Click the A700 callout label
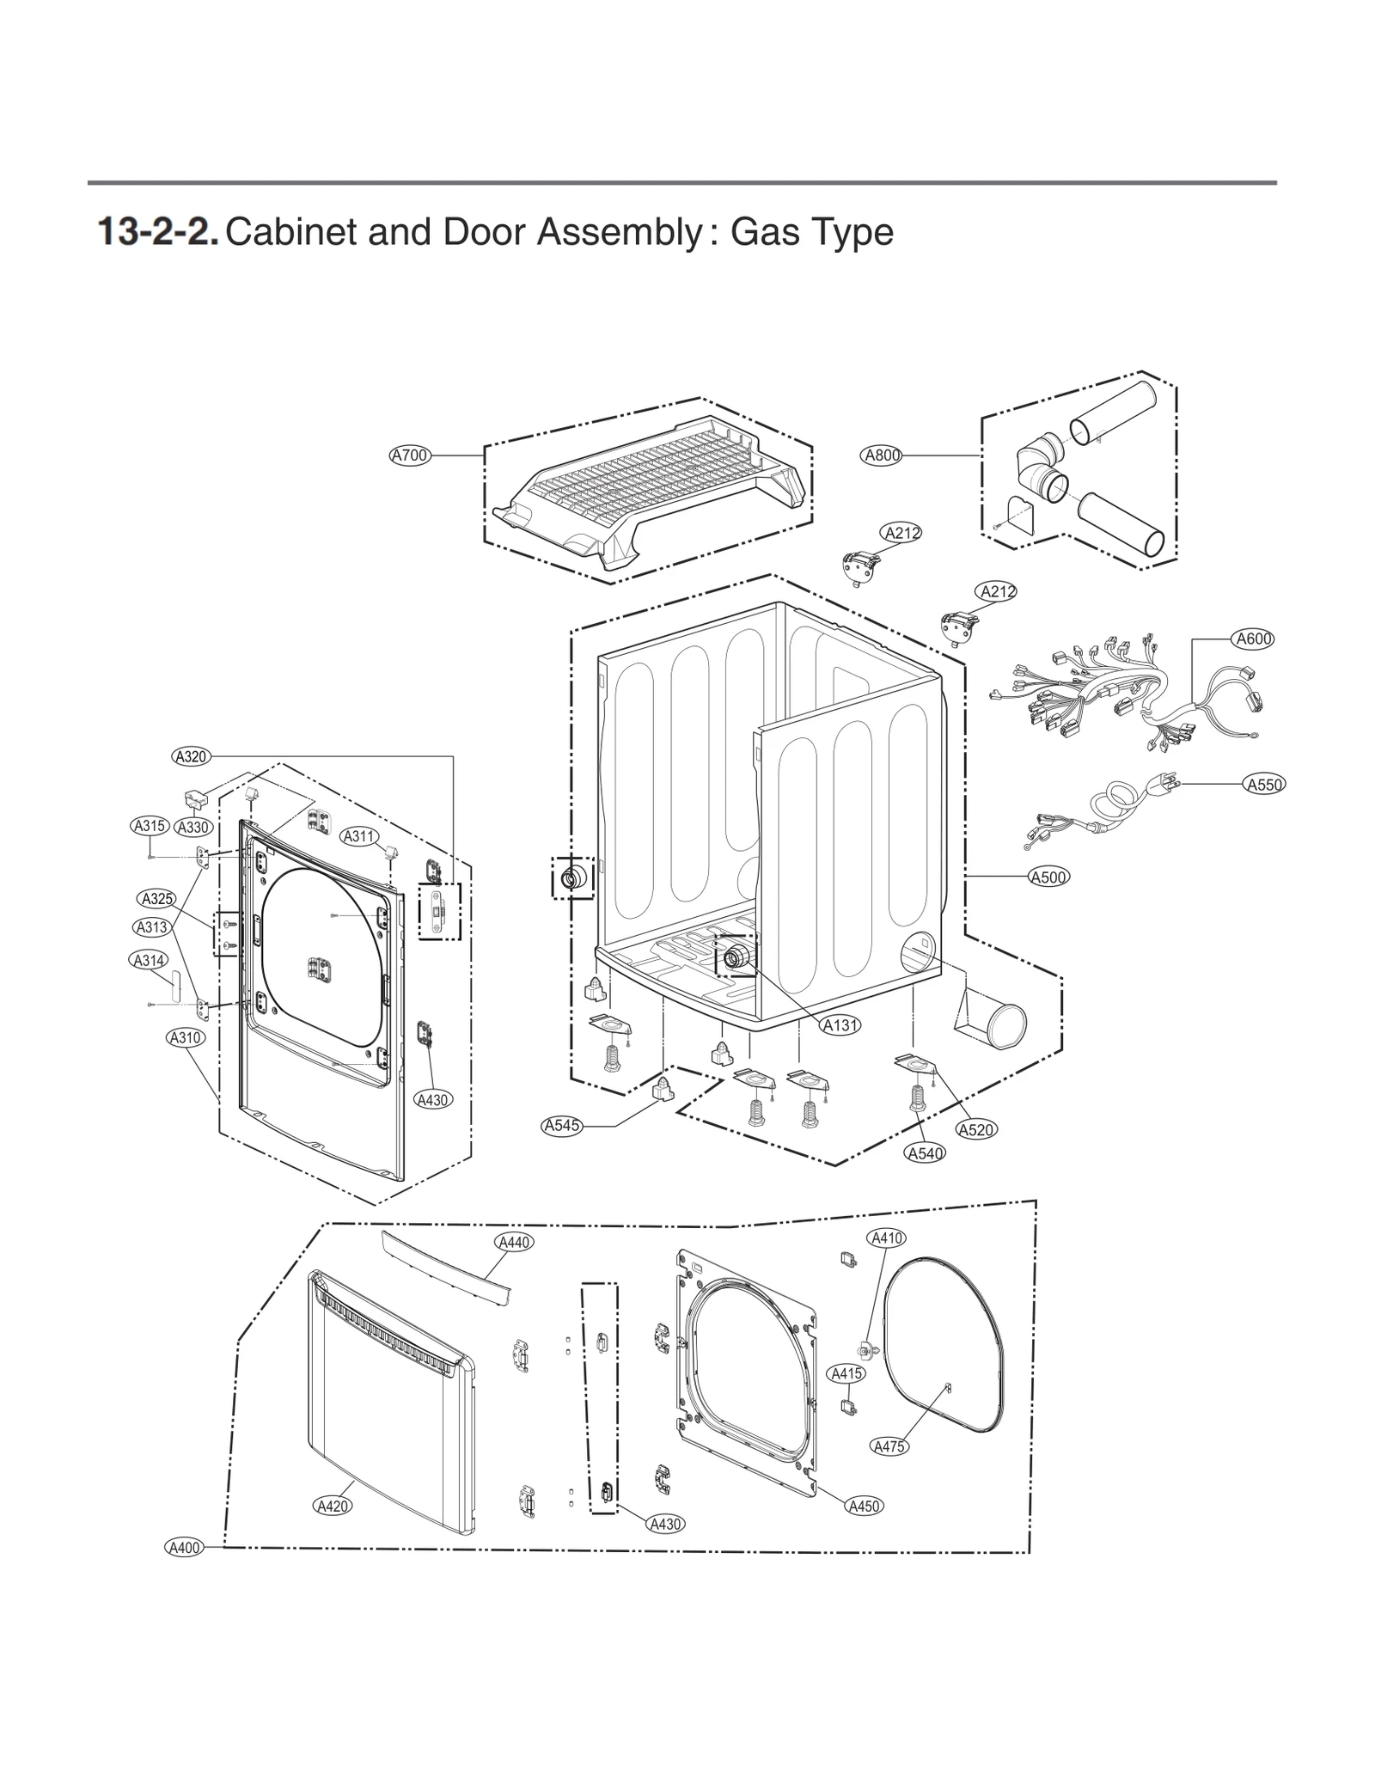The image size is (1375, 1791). (410, 455)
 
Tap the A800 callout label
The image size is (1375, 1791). (881, 455)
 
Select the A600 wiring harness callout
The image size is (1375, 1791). (1253, 639)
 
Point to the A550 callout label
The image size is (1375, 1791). (1264, 784)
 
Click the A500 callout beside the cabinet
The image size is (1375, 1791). (1048, 877)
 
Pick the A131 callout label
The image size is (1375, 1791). (840, 1025)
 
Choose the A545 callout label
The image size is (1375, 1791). (562, 1126)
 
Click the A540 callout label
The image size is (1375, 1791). (926, 1153)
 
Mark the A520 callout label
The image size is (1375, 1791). (976, 1130)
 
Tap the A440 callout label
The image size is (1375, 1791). (515, 1242)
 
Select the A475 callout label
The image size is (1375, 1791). (889, 1446)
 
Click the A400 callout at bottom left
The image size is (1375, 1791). (184, 1548)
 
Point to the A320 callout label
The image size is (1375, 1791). (191, 756)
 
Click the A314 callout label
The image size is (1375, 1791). (150, 960)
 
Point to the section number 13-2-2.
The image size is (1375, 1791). (158, 232)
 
